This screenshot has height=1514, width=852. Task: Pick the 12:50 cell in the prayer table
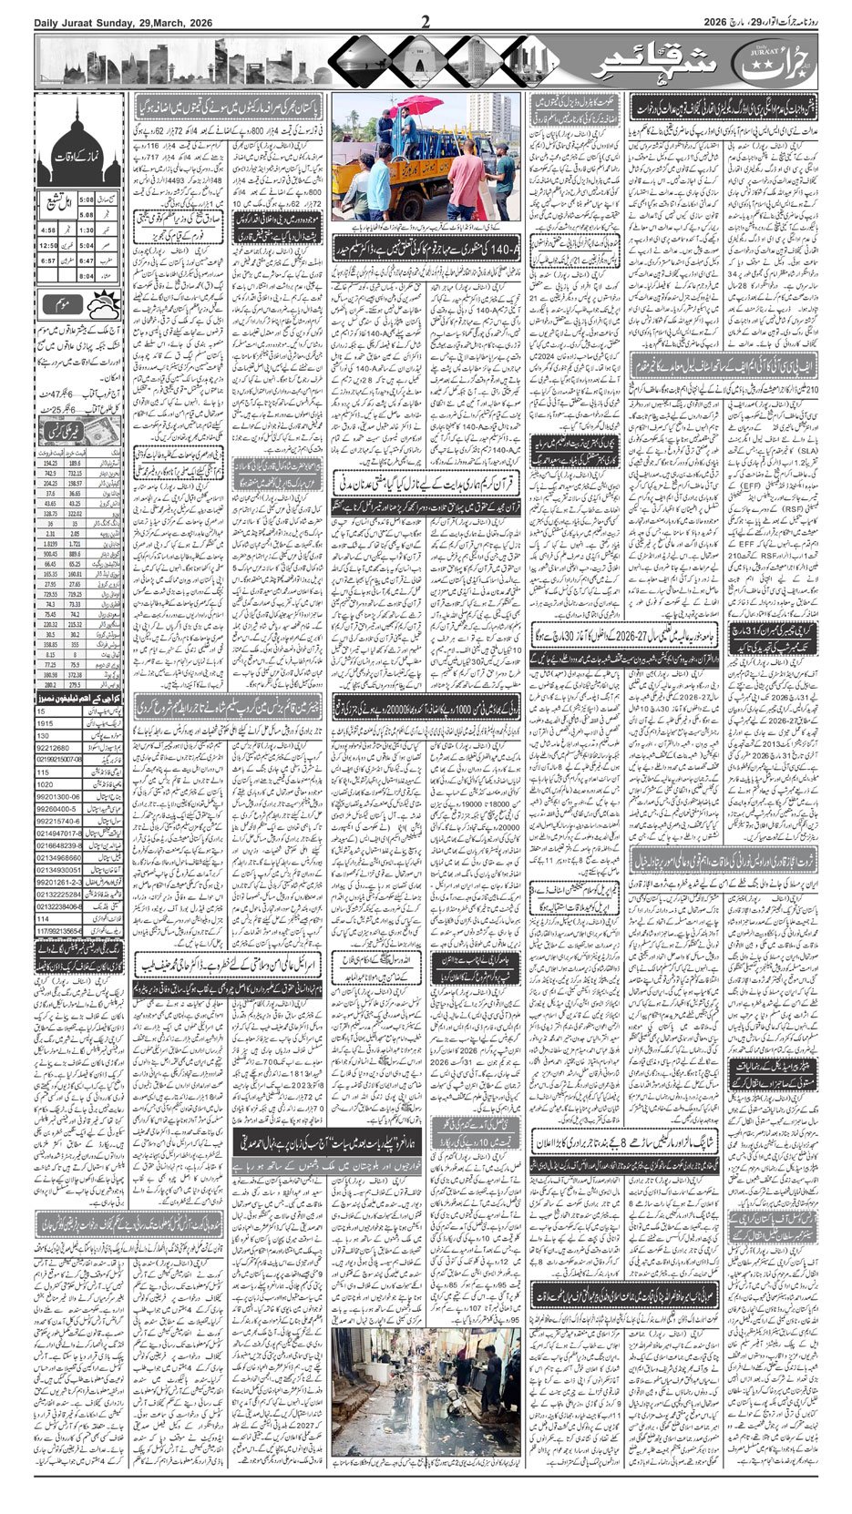tap(48, 245)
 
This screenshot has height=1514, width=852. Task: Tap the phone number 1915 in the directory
tap(44, 722)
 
